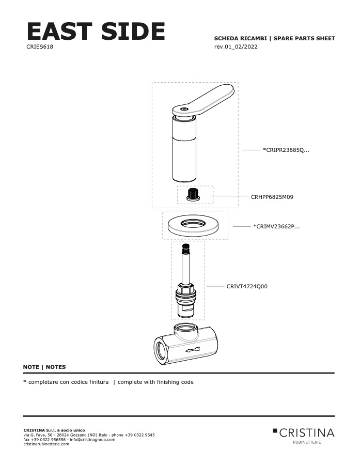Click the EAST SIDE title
click(x=96, y=31)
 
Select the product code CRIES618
click(x=40, y=47)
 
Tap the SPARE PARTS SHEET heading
click(x=304, y=38)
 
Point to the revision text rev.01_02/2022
click(x=236, y=47)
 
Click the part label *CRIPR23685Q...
click(x=286, y=150)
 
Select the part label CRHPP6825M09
click(x=272, y=197)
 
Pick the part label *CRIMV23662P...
click(x=276, y=227)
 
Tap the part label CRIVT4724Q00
click(x=247, y=286)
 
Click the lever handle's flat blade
click(x=208, y=100)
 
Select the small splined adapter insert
click(x=193, y=195)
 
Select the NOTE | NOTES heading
click(x=44, y=367)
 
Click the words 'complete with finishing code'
click(x=155, y=382)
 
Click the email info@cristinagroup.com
click(x=92, y=440)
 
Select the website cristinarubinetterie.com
click(x=46, y=444)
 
